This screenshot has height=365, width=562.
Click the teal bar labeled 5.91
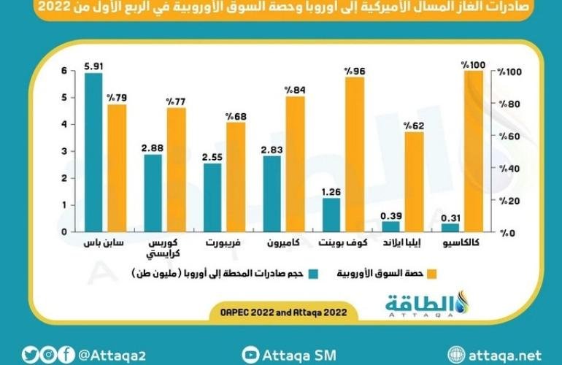click(93, 153)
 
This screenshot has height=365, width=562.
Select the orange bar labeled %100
click(474, 152)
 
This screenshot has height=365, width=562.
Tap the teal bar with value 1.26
click(331, 215)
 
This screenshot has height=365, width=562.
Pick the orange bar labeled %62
click(414, 182)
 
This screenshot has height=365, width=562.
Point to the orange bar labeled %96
click(355, 155)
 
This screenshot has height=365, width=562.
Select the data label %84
click(295, 90)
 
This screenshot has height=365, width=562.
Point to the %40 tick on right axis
click(506, 169)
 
